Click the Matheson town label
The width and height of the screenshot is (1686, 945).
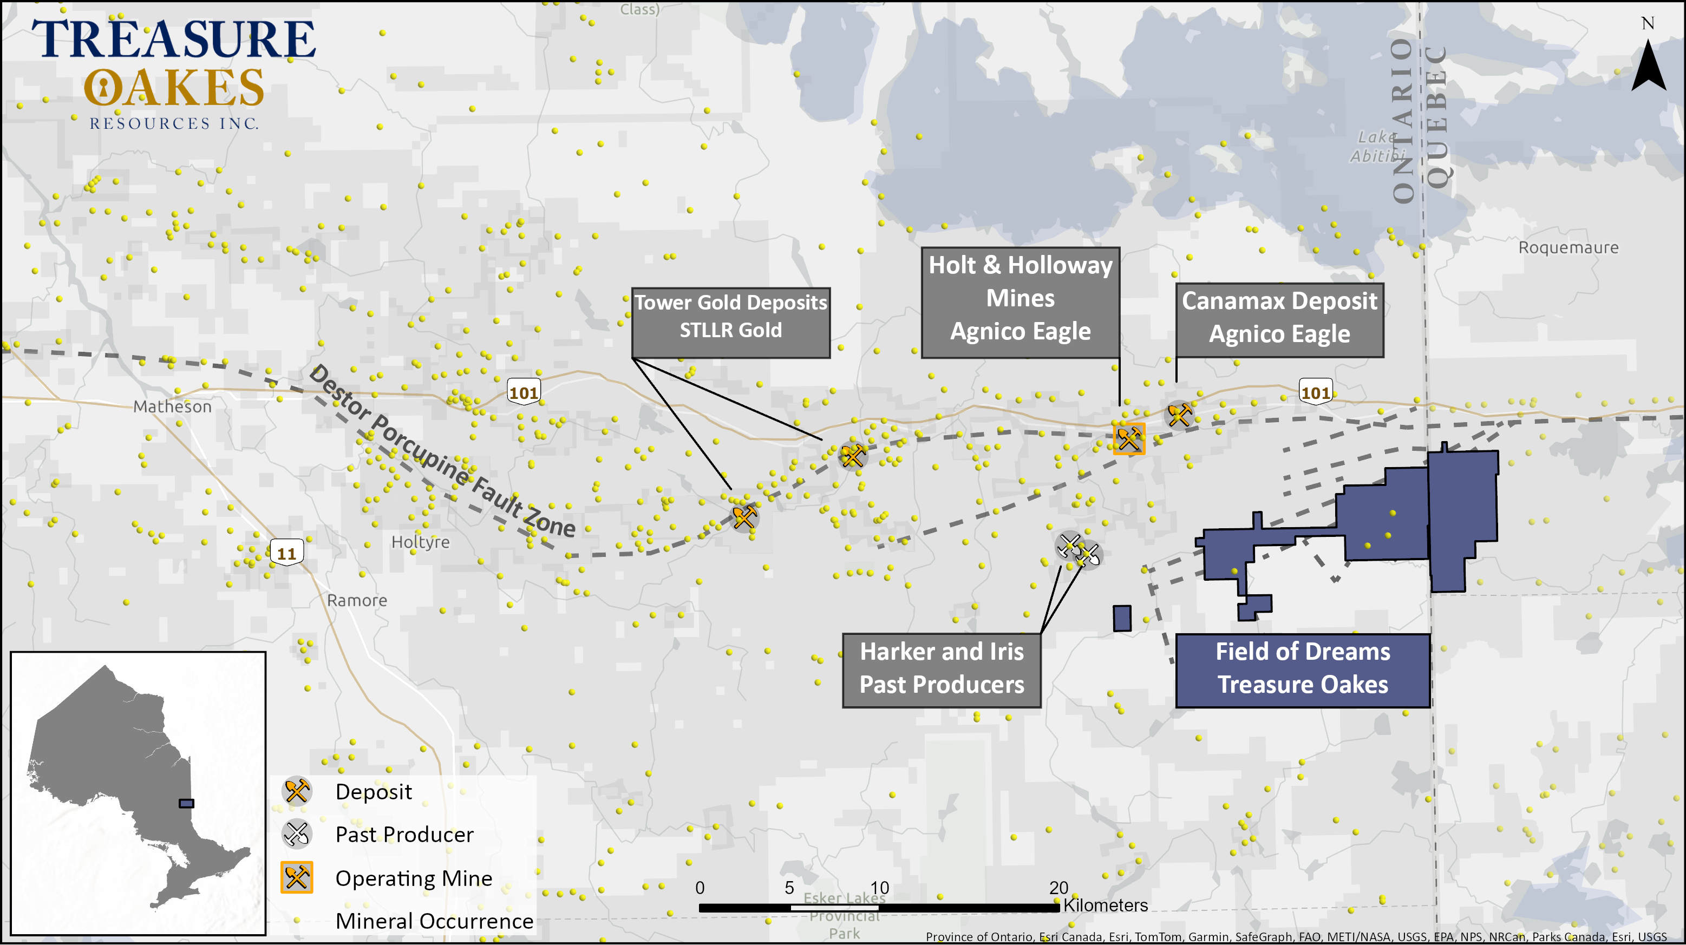[172, 406]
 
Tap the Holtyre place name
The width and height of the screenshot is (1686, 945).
[420, 542]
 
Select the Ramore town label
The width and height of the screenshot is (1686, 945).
[357, 600]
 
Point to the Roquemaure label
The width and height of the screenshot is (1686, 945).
[1568, 247]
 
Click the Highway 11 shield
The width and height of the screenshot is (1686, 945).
[286, 553]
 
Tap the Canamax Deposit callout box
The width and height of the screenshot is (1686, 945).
[1279, 319]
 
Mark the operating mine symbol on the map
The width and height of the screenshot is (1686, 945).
[1129, 438]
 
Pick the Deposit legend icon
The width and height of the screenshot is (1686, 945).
[297, 791]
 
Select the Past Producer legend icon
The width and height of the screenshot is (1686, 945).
[297, 834]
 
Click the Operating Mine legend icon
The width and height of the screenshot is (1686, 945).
[297, 877]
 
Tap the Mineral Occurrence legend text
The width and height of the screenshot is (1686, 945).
[434, 921]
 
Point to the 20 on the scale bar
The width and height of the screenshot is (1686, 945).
[1058, 888]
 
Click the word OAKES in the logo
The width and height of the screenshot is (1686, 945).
[174, 89]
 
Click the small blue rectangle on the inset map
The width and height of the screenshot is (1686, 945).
[187, 803]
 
